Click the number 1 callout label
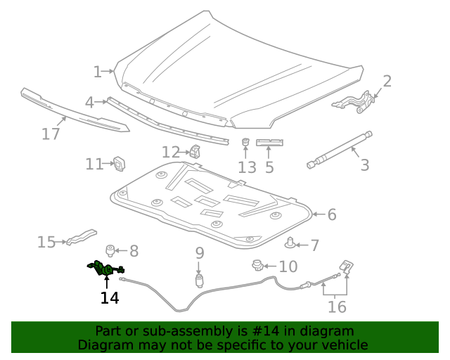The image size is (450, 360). pyautogui.click(x=97, y=71)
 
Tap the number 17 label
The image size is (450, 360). pyautogui.click(x=51, y=134)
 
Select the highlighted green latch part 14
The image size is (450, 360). pyautogui.click(x=104, y=269)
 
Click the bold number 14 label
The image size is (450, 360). pyautogui.click(x=109, y=298)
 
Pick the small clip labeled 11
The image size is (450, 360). pyautogui.click(x=119, y=163)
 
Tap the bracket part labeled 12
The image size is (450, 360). pyautogui.click(x=195, y=151)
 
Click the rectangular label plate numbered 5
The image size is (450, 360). pyautogui.click(x=269, y=143)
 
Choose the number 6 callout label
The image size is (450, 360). pyautogui.click(x=332, y=214)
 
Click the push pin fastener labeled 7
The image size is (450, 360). pyautogui.click(x=289, y=244)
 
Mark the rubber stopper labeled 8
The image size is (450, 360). pyautogui.click(x=110, y=250)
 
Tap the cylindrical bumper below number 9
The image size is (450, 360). pyautogui.click(x=199, y=281)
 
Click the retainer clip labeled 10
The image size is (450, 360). pyautogui.click(x=257, y=266)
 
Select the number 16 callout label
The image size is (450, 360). pyautogui.click(x=337, y=307)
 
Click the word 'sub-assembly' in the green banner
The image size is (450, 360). pyautogui.click(x=194, y=331)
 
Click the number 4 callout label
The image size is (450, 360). pyautogui.click(x=89, y=103)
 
